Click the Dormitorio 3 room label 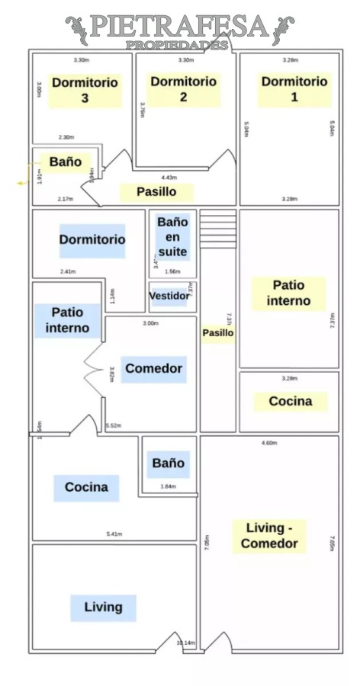(84, 90)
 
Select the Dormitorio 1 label (294, 89)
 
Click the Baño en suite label (172, 236)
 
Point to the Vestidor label (169, 296)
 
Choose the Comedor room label (154, 369)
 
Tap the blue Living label (103, 607)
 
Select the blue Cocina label (86, 487)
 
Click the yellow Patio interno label (288, 293)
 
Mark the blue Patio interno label (67, 320)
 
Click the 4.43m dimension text (169, 178)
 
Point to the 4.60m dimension (268, 442)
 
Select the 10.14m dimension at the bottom (185, 643)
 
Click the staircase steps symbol (217, 227)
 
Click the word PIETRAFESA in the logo (179, 27)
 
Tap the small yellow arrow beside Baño (21, 184)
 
